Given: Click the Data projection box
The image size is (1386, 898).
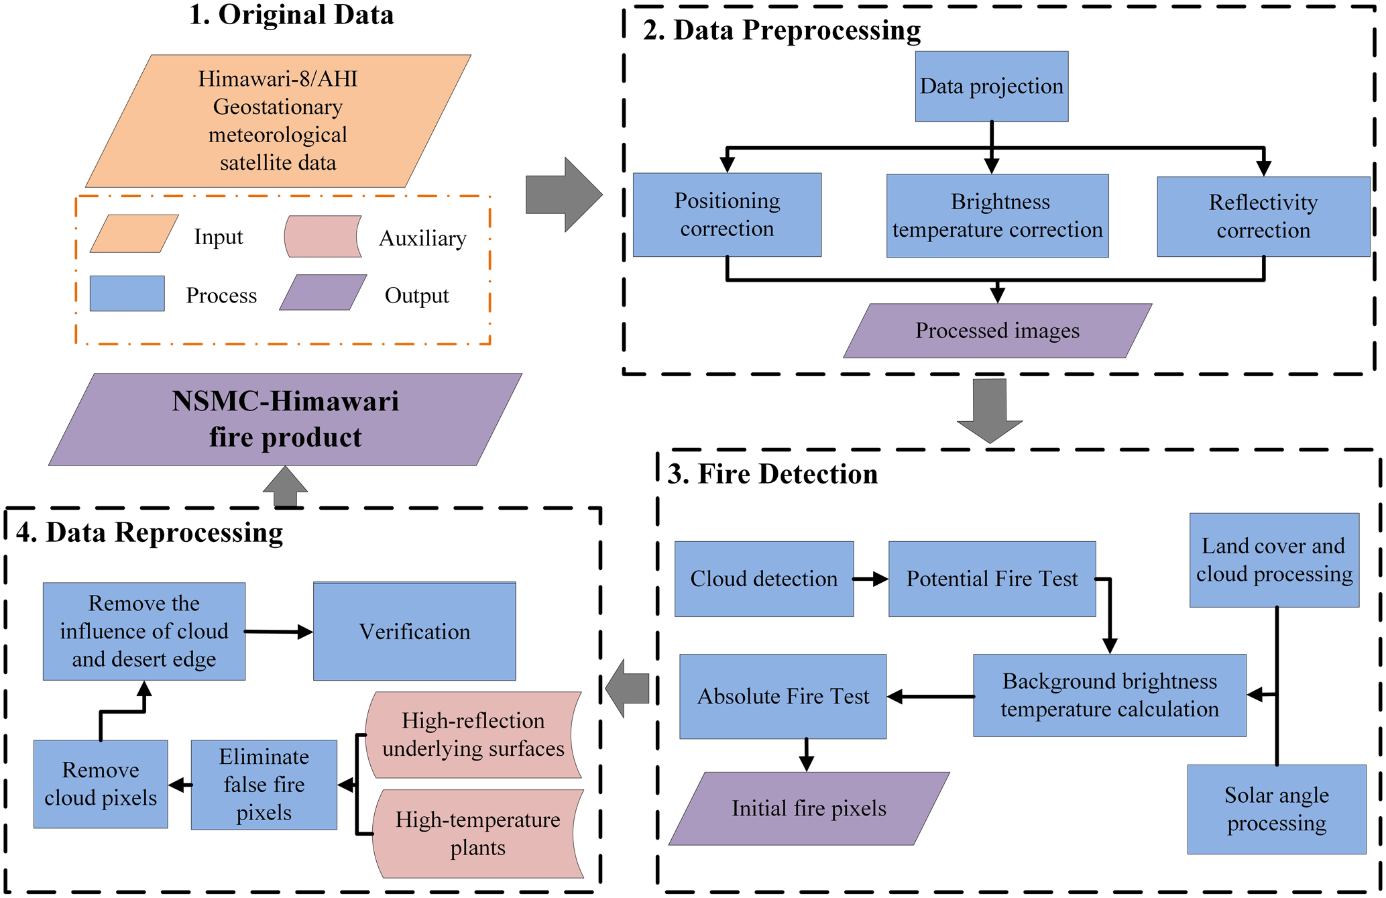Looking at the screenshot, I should [991, 87].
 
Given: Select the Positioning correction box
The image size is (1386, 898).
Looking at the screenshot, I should [727, 215].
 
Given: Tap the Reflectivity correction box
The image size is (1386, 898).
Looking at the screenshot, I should [1263, 217].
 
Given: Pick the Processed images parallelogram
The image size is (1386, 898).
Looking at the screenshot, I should [997, 331].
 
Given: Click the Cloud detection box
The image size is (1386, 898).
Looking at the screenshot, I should [764, 579].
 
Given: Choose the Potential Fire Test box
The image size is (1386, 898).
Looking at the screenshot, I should [992, 579].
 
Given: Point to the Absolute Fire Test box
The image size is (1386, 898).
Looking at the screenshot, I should [783, 696].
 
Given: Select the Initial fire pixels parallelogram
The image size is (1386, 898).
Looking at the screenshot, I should [809, 808].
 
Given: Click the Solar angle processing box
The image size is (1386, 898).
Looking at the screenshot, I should [1276, 809].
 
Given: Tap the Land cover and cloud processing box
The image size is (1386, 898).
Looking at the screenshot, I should [1274, 560].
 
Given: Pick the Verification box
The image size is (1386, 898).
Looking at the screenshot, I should [414, 631].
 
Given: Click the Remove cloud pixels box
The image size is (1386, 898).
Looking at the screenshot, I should [101, 784].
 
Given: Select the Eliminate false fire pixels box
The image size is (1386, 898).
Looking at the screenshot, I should [264, 785].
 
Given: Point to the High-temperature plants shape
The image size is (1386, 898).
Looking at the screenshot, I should [477, 834].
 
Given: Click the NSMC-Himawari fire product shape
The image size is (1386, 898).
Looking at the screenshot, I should [285, 419].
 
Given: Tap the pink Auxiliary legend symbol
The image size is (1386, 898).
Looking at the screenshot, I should [323, 237].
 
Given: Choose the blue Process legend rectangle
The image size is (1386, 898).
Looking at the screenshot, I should [127, 294].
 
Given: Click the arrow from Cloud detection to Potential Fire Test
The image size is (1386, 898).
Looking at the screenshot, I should [870, 579].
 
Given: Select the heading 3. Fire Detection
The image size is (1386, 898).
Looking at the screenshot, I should [772, 474].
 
